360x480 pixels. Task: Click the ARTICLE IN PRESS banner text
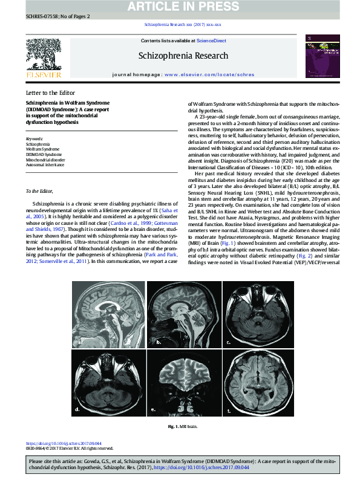click(180, 6)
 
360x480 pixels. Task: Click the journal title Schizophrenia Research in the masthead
click(183, 56)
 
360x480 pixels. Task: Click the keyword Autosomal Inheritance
click(45, 164)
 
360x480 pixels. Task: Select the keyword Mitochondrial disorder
click(46, 160)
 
